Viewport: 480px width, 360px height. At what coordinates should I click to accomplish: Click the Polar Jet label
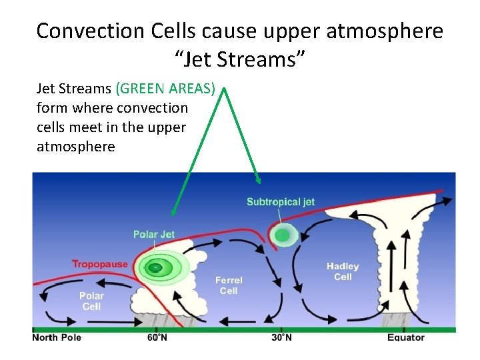(154, 234)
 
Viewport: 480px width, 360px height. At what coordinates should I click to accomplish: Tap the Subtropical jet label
(280, 202)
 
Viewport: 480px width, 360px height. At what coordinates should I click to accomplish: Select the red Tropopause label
(99, 264)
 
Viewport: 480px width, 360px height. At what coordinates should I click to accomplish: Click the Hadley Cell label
(343, 271)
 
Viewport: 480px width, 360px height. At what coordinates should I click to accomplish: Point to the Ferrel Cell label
(229, 285)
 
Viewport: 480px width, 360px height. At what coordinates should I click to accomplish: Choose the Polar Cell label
(91, 301)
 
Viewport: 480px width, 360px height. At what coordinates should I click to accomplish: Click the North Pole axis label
(57, 337)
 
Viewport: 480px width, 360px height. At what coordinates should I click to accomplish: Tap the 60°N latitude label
(157, 337)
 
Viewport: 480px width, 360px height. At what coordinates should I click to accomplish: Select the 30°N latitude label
(281, 337)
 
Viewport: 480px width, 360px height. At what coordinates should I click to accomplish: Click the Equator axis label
(405, 337)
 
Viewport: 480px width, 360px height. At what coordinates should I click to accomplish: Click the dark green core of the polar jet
(155, 268)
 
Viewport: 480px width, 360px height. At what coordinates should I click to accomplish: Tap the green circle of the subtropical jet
(283, 235)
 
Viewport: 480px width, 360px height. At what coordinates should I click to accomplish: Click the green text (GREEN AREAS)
(165, 88)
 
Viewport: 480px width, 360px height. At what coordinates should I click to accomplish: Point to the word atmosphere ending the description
(75, 146)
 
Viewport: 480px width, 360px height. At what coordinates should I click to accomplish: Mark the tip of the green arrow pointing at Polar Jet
(173, 215)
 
